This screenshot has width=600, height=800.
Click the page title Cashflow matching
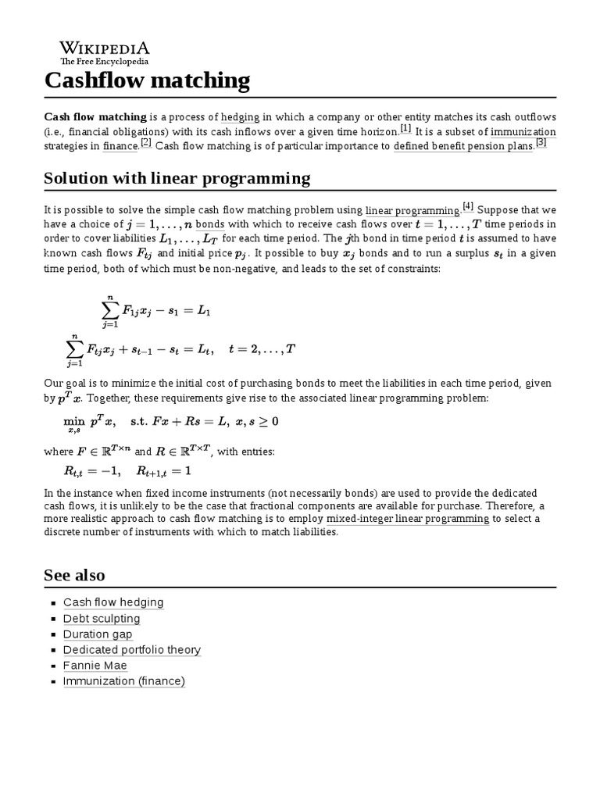[x=148, y=80]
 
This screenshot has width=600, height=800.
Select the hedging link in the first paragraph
[x=240, y=116]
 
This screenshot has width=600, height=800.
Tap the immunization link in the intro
[x=523, y=132]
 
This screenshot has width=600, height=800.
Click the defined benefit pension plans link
[x=463, y=146]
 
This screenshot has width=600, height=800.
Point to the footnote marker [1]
[x=405, y=128]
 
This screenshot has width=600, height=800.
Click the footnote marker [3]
[x=541, y=142]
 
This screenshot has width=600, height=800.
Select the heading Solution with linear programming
[x=177, y=178]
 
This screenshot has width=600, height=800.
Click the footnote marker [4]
[x=468, y=206]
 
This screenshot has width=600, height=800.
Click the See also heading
[x=74, y=575]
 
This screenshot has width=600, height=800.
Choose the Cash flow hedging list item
[x=113, y=602]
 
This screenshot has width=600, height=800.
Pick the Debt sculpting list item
[x=102, y=618]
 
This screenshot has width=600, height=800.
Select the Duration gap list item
[x=98, y=634]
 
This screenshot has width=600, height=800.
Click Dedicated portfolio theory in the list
[x=132, y=649]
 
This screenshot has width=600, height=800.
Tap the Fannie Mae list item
[x=95, y=665]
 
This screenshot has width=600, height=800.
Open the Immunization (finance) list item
[x=124, y=680]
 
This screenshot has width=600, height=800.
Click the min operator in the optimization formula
[x=73, y=421]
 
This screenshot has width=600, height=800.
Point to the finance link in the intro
[x=120, y=146]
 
